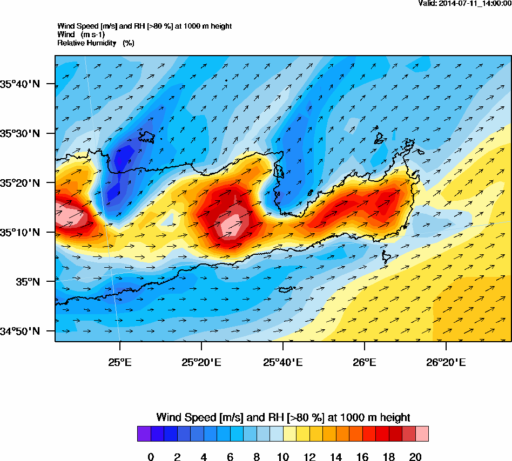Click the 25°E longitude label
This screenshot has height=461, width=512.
(120, 361)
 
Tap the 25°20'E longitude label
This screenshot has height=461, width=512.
(201, 361)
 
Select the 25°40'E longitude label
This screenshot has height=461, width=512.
(283, 361)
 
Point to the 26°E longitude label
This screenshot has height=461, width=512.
(365, 361)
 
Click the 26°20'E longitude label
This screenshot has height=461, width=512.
(446, 361)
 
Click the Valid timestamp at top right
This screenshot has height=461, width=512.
(465, 4)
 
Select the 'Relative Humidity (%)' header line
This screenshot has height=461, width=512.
(96, 43)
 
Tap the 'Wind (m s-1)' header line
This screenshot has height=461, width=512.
(81, 35)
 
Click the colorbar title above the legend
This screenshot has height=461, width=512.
(283, 417)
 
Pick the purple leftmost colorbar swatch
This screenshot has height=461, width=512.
(144, 434)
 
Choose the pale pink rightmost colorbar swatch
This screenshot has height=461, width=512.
(422, 434)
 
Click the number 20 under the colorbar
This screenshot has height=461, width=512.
(415, 457)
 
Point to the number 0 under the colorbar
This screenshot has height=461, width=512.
(151, 457)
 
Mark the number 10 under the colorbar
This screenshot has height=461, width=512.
(283, 457)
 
